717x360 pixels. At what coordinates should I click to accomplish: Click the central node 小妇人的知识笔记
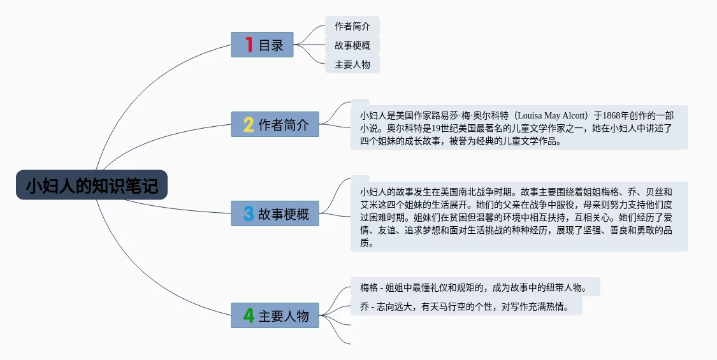pyautogui.click(x=92, y=185)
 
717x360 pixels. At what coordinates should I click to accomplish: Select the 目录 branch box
pyautogui.click(x=262, y=45)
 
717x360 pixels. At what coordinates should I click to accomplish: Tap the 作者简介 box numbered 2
pyautogui.click(x=275, y=124)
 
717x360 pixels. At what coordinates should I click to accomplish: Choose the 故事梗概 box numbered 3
pyautogui.click(x=275, y=213)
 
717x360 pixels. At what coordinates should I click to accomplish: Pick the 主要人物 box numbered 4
pyautogui.click(x=275, y=315)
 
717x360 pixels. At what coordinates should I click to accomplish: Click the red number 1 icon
pyautogui.click(x=249, y=45)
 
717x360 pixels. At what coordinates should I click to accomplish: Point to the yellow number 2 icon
pyautogui.click(x=249, y=124)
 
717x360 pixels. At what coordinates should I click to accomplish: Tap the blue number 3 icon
pyautogui.click(x=249, y=213)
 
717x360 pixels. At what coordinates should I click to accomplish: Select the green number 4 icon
pyautogui.click(x=249, y=315)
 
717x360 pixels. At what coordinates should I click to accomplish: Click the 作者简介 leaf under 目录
pyautogui.click(x=352, y=26)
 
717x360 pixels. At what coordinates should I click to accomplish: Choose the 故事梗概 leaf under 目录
pyautogui.click(x=352, y=45)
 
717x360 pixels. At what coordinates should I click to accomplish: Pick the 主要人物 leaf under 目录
pyautogui.click(x=352, y=64)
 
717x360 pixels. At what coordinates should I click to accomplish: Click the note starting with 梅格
pyautogui.click(x=475, y=287)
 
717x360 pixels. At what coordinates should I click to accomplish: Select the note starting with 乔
pyautogui.click(x=466, y=306)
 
